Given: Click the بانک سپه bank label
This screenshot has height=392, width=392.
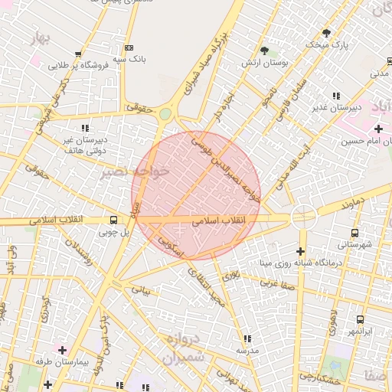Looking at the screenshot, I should click(129, 58).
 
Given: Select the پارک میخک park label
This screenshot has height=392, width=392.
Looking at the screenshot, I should click(327, 45).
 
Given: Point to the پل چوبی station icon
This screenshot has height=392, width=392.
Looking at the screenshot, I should click(113, 219).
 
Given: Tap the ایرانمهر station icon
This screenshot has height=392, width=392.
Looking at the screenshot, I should click(359, 319).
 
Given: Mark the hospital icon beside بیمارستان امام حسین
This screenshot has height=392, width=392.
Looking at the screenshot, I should click(378, 128).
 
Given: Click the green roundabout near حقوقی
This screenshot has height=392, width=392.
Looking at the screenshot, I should click(165, 114).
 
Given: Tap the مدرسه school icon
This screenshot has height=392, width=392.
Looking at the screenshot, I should click(247, 338).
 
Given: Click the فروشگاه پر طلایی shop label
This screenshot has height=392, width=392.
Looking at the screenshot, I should click(80, 66).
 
